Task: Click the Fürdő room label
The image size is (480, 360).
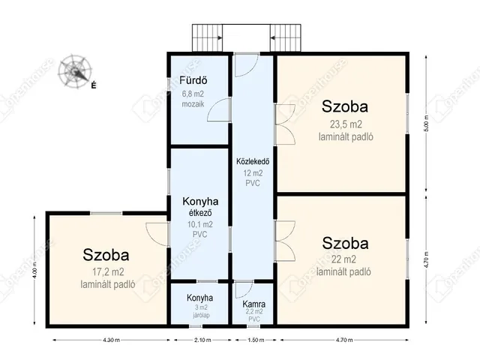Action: (193, 80)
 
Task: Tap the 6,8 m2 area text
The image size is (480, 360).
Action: (193, 94)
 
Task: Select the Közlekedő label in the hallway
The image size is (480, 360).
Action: (253, 161)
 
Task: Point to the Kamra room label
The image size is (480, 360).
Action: (253, 304)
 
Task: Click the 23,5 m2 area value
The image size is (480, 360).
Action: (346, 124)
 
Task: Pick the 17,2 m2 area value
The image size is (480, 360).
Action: (108, 271)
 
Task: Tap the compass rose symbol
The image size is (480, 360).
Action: (75, 71)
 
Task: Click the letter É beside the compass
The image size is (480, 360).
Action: (94, 85)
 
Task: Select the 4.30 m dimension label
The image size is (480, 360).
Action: (112, 340)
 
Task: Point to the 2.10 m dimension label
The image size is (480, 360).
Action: (202, 340)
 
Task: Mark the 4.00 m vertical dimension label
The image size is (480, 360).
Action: (35, 270)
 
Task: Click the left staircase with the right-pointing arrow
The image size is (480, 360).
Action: (207, 38)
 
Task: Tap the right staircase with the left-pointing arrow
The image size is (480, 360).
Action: (286, 38)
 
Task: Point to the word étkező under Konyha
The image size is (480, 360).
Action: (200, 212)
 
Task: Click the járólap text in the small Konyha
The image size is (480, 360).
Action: (201, 315)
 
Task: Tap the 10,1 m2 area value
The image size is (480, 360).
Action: (200, 224)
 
